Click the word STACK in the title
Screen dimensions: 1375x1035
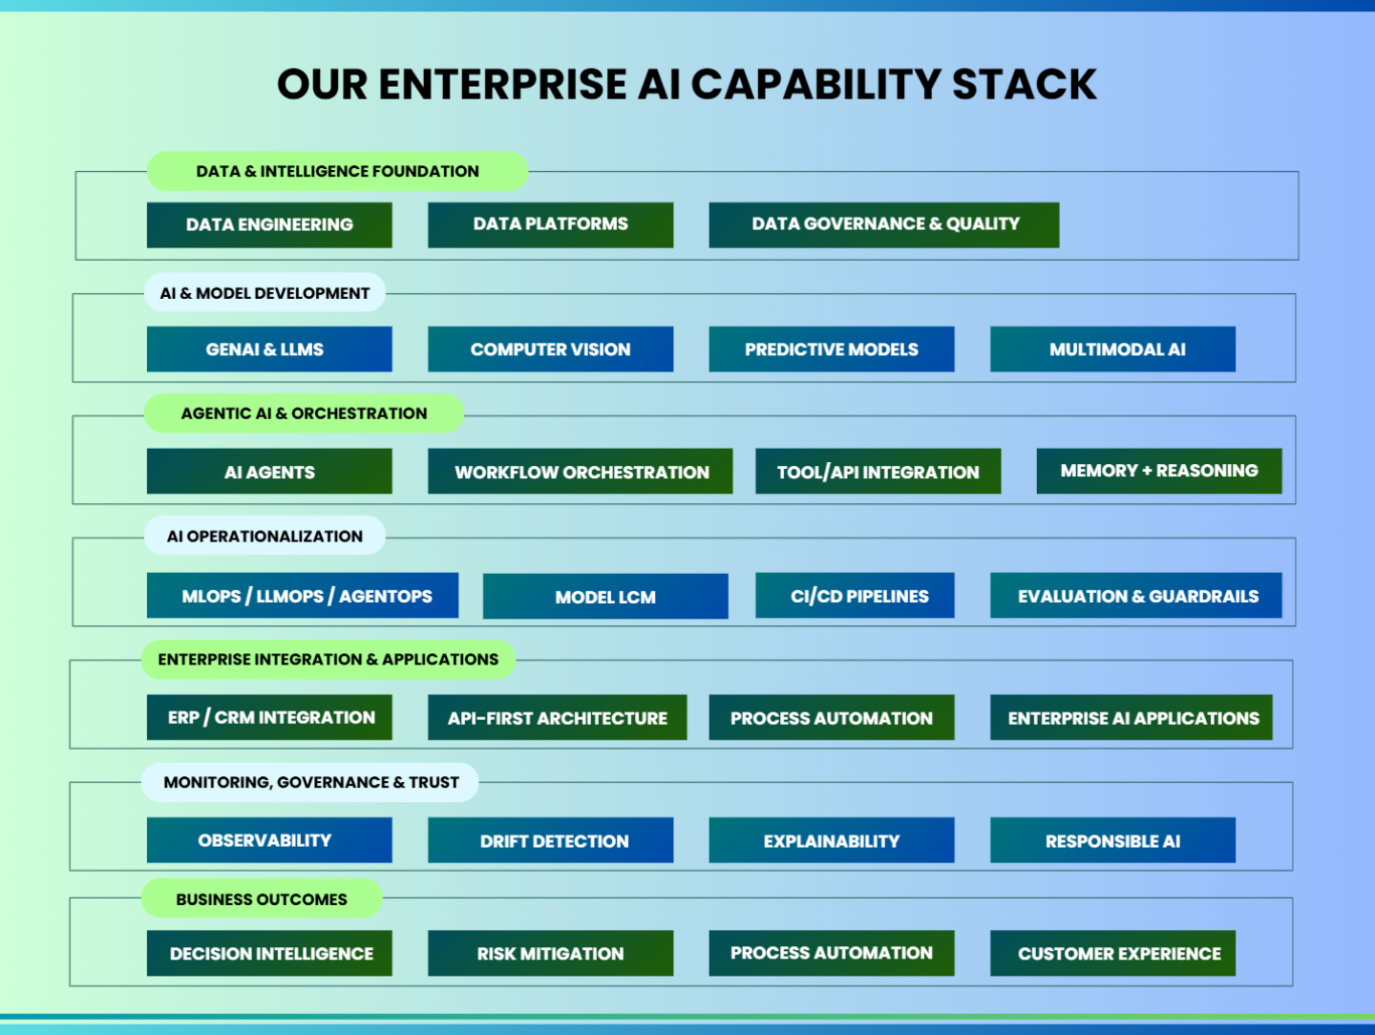1025,84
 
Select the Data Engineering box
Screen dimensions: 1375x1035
269,224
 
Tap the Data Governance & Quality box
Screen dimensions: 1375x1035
884,224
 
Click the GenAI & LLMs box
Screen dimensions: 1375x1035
269,349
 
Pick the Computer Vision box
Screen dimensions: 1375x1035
551,349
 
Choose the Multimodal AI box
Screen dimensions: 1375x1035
1112,349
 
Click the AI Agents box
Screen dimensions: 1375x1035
269,471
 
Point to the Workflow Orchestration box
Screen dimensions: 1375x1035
580,471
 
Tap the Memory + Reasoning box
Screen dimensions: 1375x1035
1159,471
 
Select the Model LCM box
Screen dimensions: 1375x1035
605,596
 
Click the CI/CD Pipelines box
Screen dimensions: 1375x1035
855,596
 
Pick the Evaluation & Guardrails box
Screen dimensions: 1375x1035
1135,596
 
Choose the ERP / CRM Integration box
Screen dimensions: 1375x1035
269,717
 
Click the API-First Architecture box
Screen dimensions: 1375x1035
558,717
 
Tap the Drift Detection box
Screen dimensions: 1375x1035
551,839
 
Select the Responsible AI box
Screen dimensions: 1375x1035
1112,839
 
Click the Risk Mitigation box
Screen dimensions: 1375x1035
551,953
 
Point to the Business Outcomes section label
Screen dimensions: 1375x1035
262,898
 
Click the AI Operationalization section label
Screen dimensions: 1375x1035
264,536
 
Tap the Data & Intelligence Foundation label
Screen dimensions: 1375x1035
338,171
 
